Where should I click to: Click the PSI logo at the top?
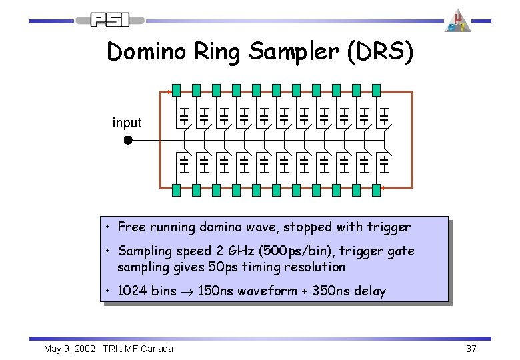click(111, 20)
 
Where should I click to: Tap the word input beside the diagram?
click(127, 123)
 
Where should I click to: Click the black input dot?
click(128, 141)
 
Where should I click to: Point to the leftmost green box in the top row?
click(176, 90)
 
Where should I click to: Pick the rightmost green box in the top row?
click(376, 90)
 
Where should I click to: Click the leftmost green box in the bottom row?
click(176, 190)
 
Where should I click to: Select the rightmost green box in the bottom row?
click(376, 190)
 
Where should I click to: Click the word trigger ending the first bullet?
click(389, 227)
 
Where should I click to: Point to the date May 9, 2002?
click(70, 349)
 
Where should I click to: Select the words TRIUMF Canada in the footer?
click(138, 349)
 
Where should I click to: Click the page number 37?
click(471, 349)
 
